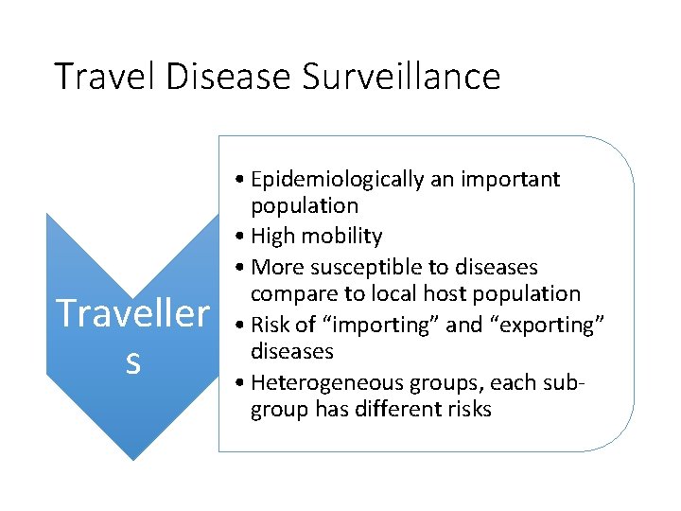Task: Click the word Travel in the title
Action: [106, 77]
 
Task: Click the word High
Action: [277, 237]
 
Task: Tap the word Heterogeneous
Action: [328, 381]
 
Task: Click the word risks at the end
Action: [468, 410]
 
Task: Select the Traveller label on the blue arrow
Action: [132, 313]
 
